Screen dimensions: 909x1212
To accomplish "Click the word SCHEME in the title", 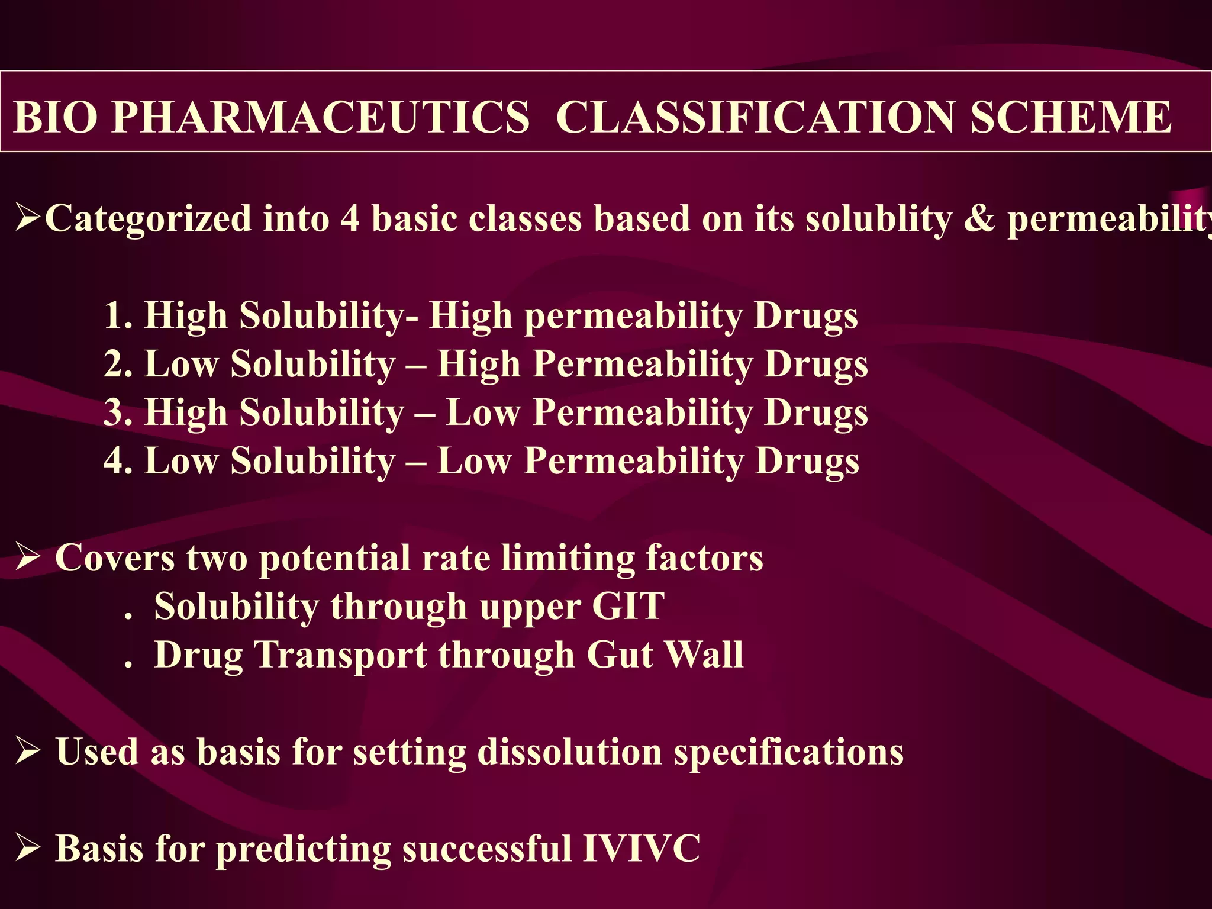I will tap(1071, 117).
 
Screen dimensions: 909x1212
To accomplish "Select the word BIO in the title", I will tap(54, 117).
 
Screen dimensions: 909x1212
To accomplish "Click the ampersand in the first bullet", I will tap(979, 219).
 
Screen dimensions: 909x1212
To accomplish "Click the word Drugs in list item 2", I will tap(816, 364).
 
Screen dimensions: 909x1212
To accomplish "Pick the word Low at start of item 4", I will tap(181, 461).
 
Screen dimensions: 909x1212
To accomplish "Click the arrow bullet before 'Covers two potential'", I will tap(28, 558).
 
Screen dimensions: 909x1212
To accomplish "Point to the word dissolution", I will tap(569, 752).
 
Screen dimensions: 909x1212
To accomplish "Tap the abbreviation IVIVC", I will tap(642, 849).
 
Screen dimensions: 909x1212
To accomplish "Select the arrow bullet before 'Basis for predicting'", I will tap(28, 849).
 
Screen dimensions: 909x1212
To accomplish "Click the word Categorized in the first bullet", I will tap(148, 219).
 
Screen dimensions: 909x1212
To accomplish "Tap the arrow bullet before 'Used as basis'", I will tap(28, 752).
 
